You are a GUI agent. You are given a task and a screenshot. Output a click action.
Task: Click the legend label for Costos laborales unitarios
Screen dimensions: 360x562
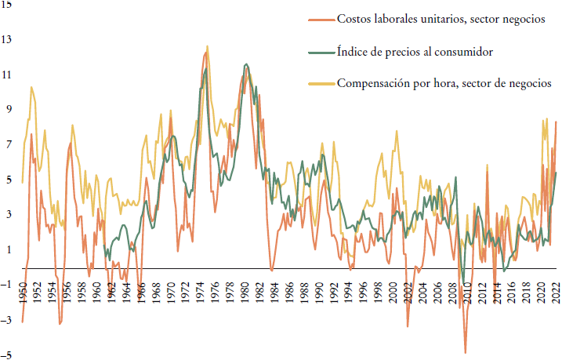point(441,19)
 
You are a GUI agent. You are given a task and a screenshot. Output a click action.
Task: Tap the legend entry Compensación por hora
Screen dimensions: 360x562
point(444,82)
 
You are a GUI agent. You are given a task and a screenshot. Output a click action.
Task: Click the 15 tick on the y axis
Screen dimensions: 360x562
point(7,5)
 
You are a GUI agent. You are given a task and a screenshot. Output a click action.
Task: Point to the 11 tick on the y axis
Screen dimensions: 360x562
point(7,75)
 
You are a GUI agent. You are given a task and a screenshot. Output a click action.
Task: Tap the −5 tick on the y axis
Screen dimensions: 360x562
point(7,355)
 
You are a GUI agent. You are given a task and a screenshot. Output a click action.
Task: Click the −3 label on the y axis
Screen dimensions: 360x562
point(7,320)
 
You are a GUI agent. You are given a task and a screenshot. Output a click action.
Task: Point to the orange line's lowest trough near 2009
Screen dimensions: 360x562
point(465,353)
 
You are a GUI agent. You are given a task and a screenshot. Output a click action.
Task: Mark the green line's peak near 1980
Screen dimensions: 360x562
point(247,64)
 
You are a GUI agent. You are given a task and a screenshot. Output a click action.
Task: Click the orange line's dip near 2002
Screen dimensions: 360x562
point(408,326)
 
